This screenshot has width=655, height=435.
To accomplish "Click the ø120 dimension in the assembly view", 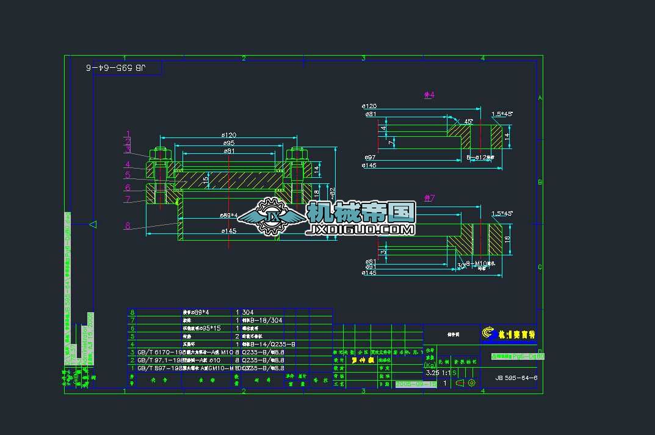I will click(228, 135).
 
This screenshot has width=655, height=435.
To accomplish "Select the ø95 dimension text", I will click(228, 143).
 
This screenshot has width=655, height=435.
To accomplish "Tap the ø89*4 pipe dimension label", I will click(228, 216).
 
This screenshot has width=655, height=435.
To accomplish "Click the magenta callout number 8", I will click(128, 226).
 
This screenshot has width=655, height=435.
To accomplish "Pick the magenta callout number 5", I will click(128, 175).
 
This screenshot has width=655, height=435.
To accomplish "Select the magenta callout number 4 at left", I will click(128, 164).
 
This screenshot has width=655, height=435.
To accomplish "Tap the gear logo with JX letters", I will click(270, 217).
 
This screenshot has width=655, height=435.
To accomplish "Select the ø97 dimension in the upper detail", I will click(370, 157).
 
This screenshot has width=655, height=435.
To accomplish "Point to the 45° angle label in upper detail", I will click(469, 122).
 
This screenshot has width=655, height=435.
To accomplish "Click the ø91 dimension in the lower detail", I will click(370, 266).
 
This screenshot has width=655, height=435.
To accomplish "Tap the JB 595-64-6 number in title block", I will click(516, 378).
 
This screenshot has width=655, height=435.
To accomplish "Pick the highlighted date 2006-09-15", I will click(416, 384).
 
